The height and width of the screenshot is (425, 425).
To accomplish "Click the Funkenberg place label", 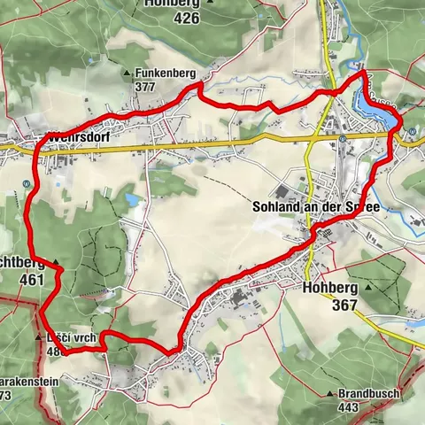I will click(x=165, y=73).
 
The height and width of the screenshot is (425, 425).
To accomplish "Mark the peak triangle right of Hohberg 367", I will click(x=367, y=289).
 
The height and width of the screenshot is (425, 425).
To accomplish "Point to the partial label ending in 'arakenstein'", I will click(x=31, y=382).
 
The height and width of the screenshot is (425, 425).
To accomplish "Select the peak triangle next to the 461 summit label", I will click(x=55, y=263).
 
